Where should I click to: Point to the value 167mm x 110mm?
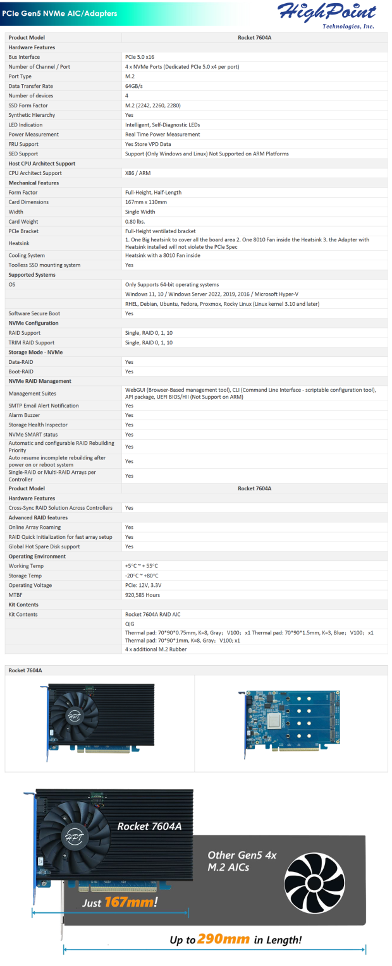(146, 202)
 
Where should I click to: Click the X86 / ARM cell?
(138, 173)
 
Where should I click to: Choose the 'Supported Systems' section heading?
(32, 275)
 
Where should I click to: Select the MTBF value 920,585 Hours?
(142, 595)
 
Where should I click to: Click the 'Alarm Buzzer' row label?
(26, 415)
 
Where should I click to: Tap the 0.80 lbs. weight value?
(135, 222)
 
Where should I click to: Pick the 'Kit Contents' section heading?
(23, 605)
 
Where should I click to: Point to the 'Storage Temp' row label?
(25, 576)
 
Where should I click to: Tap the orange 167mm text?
(129, 902)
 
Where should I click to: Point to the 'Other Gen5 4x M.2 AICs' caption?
(242, 861)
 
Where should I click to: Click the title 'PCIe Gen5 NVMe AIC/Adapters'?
(59, 13)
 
